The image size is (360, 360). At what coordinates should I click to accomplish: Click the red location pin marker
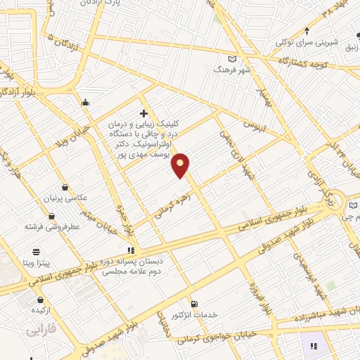pyautogui.click(x=181, y=165)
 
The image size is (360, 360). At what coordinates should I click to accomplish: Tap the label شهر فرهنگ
pyautogui.click(x=232, y=71)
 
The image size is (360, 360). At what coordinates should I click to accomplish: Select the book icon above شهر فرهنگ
pyautogui.click(x=233, y=59)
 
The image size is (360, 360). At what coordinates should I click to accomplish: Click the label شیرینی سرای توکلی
pyautogui.click(x=306, y=42)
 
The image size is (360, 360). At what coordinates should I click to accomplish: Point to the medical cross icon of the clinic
pyautogui.click(x=144, y=112)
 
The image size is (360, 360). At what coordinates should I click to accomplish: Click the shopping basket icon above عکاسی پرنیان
pyautogui.click(x=65, y=187)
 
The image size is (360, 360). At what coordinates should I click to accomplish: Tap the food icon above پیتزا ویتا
pyautogui.click(x=36, y=250)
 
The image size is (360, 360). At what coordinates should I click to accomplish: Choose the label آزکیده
pyautogui.click(x=39, y=309)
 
